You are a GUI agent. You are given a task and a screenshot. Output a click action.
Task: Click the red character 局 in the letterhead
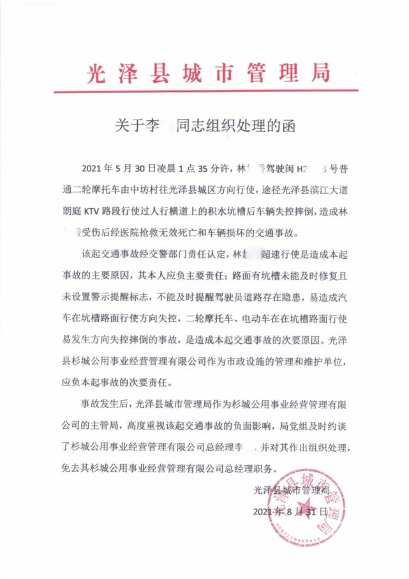319,72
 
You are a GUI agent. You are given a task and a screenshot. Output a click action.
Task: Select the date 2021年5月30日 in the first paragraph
117,169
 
